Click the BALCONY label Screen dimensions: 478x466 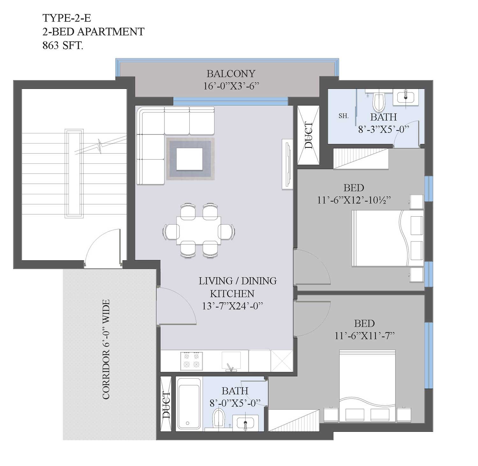coord(231,74)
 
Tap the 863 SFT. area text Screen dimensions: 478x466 coord(63,46)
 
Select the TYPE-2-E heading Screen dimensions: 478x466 coord(67,18)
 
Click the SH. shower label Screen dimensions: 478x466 coord(344,116)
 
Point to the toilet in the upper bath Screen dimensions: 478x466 coord(379,100)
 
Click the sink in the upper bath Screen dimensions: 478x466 coord(406,97)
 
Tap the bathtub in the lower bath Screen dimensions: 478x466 coord(188,403)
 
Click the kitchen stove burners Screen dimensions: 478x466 coord(191,361)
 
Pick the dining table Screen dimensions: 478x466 coord(199,230)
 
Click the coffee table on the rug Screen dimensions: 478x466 coord(190,159)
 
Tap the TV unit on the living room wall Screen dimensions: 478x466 coord(287,165)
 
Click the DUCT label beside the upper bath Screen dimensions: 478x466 coord(308,135)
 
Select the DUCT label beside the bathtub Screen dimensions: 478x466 coord(166,405)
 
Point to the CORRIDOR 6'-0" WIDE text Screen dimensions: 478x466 coord(106,349)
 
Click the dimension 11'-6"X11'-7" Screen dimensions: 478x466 coord(365,336)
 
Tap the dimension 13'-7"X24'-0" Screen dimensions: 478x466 coord(232,306)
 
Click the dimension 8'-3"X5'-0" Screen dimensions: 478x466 coord(384,129)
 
